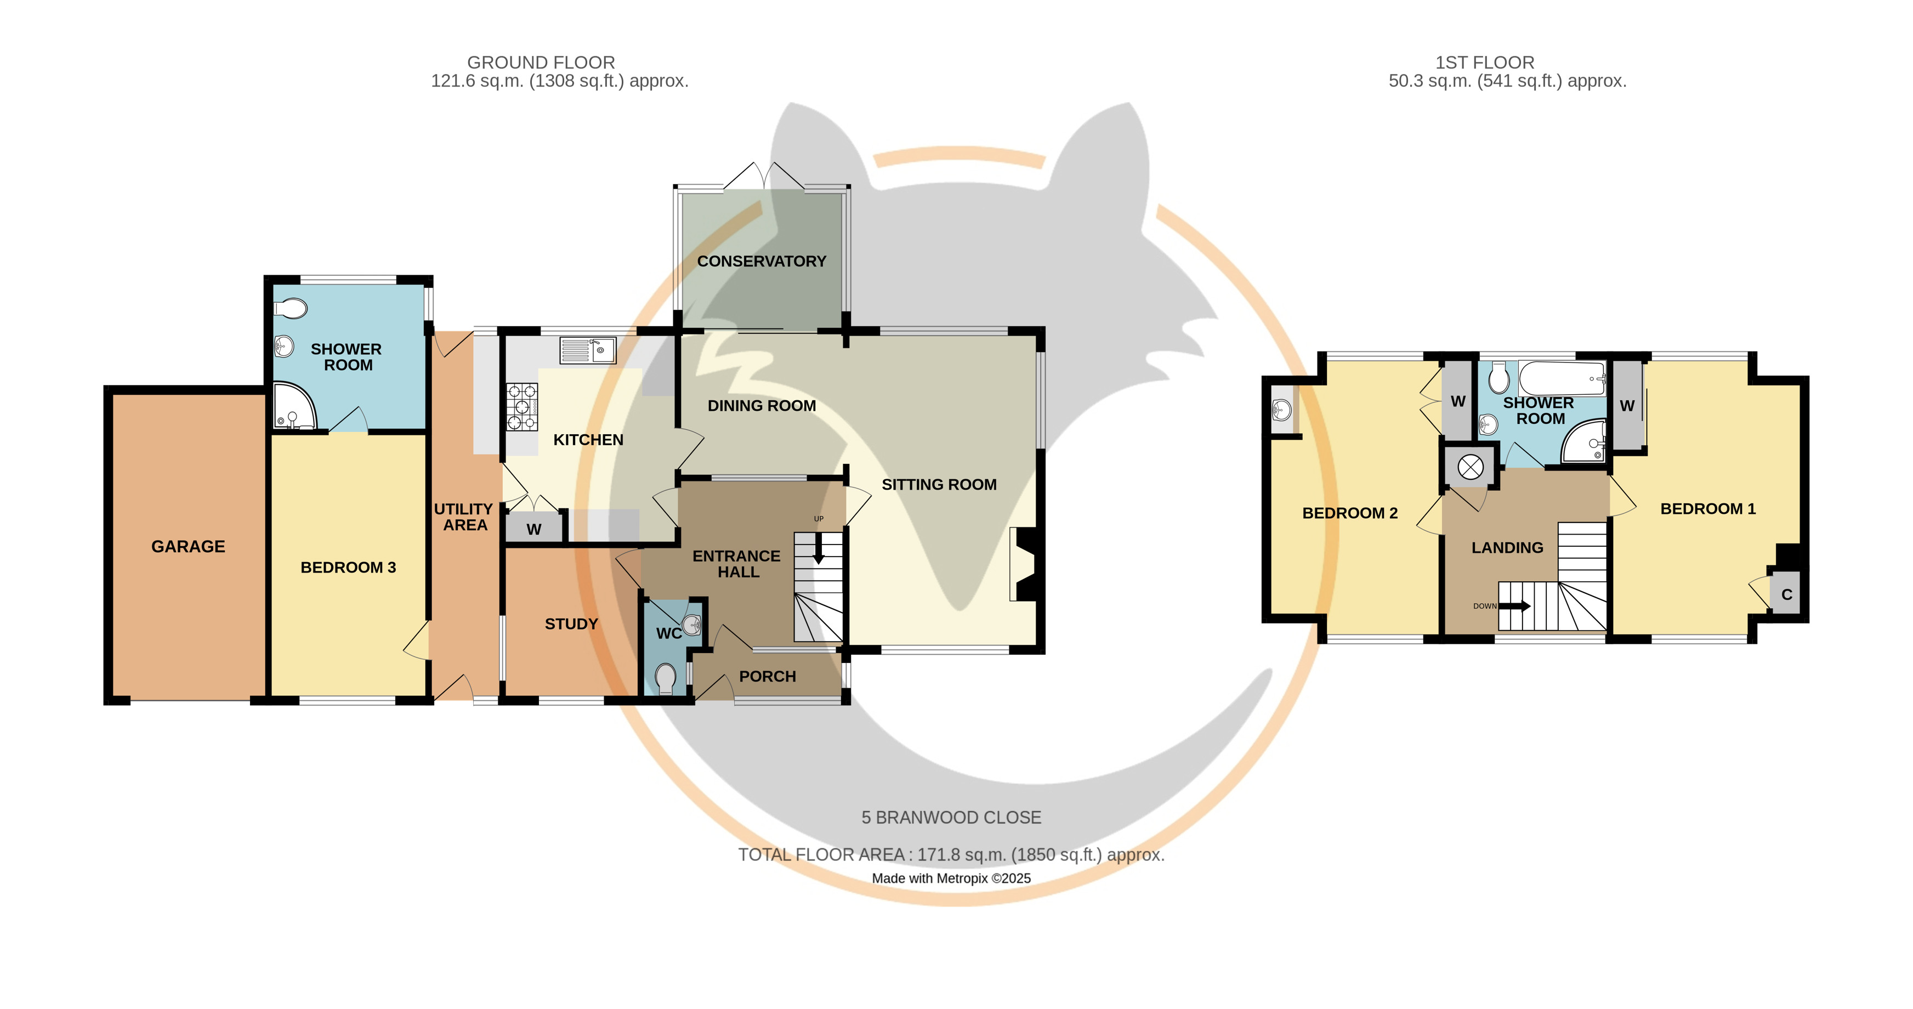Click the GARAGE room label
[188, 546]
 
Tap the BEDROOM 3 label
[348, 567]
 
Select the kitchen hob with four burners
[522, 407]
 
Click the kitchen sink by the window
[587, 350]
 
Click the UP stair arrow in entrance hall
[819, 549]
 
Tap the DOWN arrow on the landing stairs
[1515, 606]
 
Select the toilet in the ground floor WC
[666, 678]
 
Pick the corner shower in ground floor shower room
[293, 406]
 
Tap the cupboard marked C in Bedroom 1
[1786, 594]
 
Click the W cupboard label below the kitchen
[534, 529]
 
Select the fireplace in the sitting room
[1023, 564]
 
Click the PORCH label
[767, 676]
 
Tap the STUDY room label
[571, 623]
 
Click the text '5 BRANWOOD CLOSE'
[951, 818]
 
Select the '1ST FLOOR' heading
[1484, 63]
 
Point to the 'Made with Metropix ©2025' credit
[951, 878]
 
